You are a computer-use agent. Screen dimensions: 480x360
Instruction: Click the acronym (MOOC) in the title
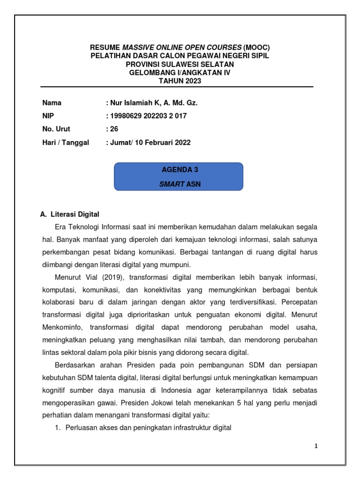point(257,47)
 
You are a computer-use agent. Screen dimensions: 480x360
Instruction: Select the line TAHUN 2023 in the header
point(180,81)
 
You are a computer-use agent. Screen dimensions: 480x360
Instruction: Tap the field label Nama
point(52,103)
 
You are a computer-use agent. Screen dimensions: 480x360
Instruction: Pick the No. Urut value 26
point(114,129)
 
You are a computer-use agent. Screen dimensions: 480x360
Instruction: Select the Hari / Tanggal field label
point(65,142)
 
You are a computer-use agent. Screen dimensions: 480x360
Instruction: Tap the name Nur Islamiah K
point(132,103)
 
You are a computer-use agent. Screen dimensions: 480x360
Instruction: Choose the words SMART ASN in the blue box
point(180,184)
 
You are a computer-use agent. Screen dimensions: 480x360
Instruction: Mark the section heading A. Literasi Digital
point(70,214)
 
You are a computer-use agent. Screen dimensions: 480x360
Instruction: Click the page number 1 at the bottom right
point(316,446)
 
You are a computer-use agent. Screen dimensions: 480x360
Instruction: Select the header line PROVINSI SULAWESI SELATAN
point(180,64)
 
